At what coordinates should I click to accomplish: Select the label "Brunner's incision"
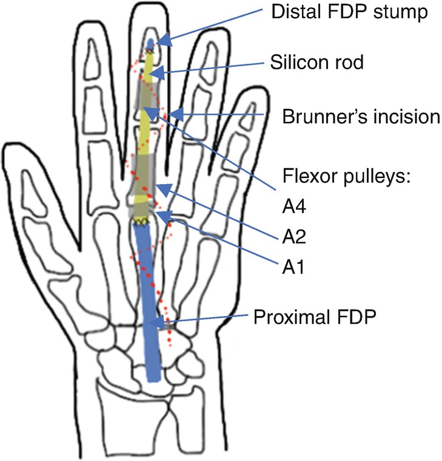coord(361,117)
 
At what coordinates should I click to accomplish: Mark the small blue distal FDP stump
coord(152,43)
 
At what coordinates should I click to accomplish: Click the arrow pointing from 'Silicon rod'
coord(212,67)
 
